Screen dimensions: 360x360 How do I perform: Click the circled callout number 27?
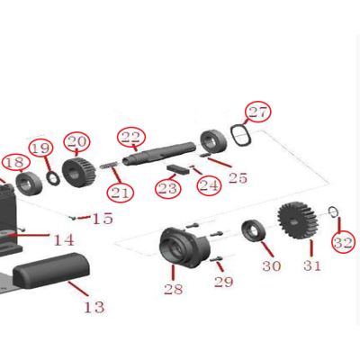(x=258, y=112)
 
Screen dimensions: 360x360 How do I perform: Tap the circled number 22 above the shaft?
(x=131, y=137)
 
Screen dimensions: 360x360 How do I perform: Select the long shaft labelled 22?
(x=160, y=153)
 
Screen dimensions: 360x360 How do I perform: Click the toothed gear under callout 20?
(x=79, y=172)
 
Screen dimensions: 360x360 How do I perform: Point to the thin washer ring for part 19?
(x=53, y=178)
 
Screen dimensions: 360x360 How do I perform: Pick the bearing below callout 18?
(x=29, y=183)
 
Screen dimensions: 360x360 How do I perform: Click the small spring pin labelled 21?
(x=108, y=165)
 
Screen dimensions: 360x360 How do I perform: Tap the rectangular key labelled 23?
(x=177, y=169)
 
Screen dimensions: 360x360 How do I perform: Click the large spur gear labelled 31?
(x=298, y=220)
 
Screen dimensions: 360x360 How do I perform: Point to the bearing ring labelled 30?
(x=253, y=230)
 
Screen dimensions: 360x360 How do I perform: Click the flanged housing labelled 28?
(x=184, y=248)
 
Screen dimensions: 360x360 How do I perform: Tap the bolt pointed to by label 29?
(x=216, y=259)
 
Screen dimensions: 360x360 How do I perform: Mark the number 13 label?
(x=94, y=307)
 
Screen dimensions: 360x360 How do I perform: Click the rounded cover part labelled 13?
(x=51, y=271)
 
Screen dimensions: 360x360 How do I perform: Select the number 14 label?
(x=64, y=239)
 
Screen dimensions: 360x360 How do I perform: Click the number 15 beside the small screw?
(x=103, y=219)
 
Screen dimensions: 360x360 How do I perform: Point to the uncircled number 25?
(x=238, y=177)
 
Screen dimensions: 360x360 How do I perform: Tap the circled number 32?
(x=343, y=242)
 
